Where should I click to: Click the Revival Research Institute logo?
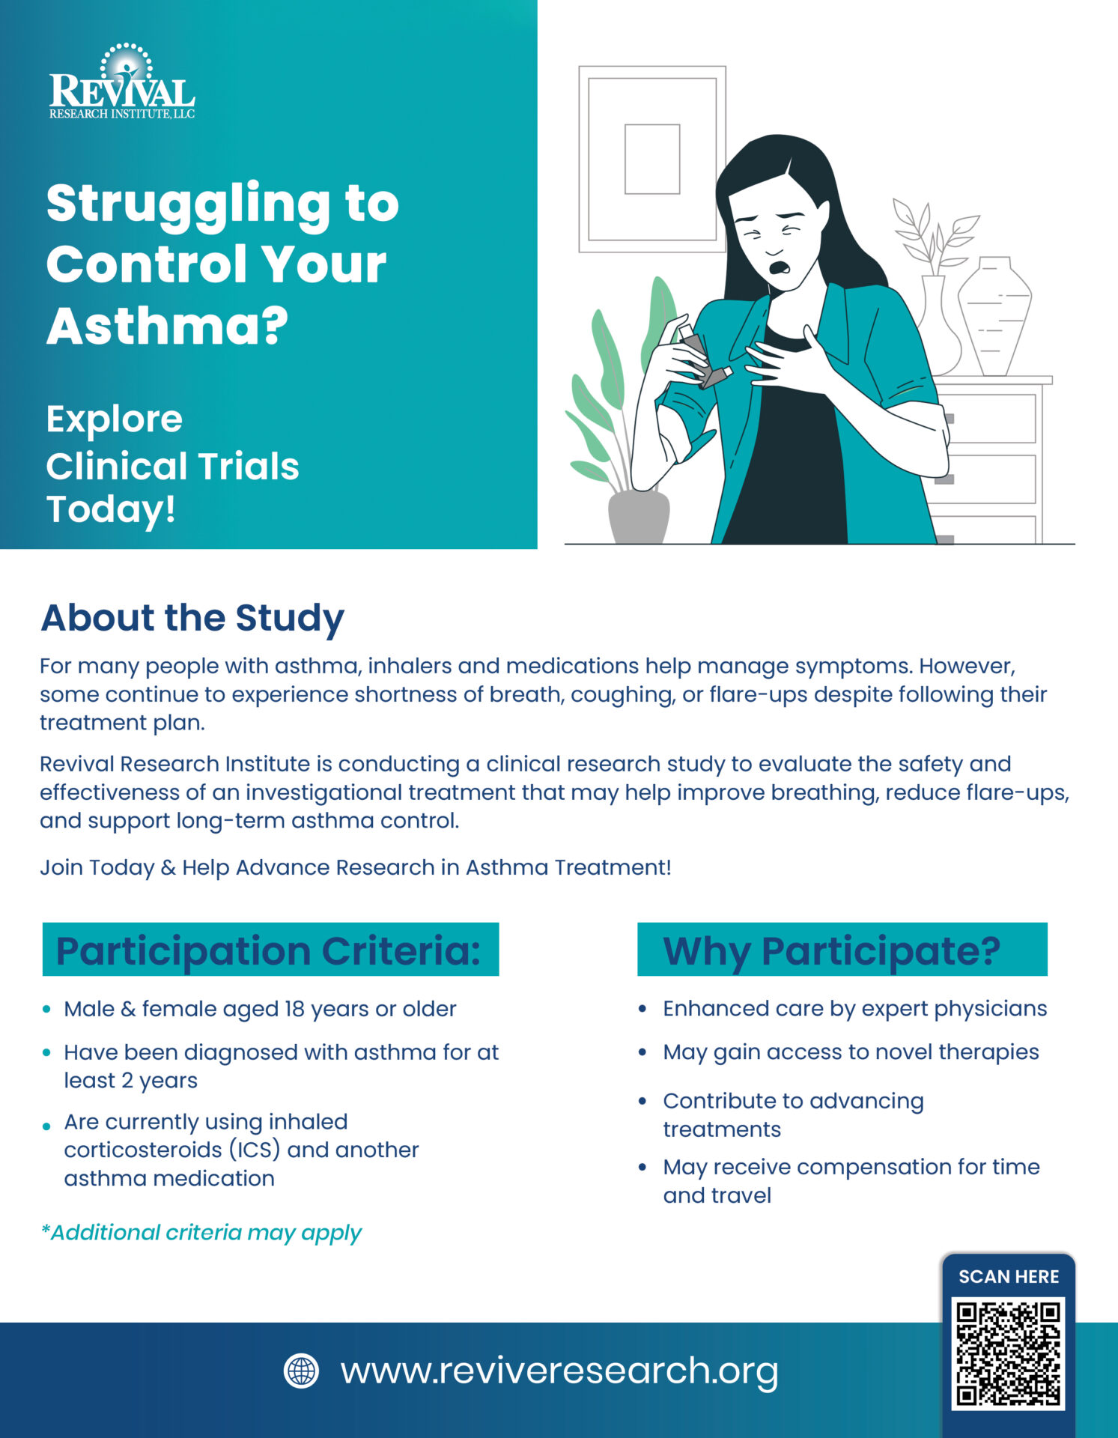(122, 83)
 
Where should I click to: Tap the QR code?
(1008, 1354)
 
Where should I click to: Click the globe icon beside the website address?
(301, 1371)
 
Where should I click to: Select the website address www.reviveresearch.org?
(559, 1371)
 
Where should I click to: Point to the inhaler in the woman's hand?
(703, 359)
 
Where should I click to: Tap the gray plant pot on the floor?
(638, 517)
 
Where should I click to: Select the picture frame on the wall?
(651, 159)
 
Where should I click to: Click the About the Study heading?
(192, 618)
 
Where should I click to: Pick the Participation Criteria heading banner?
(270, 950)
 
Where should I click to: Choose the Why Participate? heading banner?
(842, 950)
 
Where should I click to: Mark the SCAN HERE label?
(1009, 1277)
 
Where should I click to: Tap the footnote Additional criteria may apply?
(201, 1233)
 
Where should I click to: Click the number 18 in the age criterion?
(294, 1009)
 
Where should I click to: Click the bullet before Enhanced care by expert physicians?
(642, 1009)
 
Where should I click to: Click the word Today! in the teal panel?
(111, 509)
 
